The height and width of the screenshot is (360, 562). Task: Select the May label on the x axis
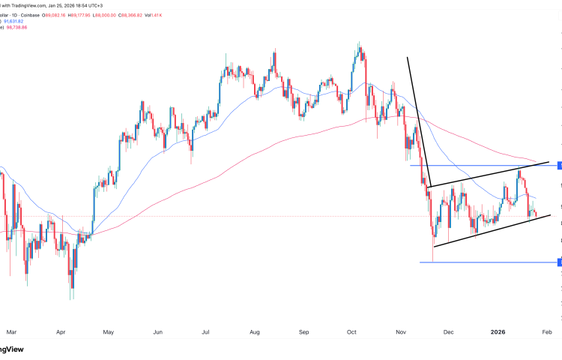click(109, 330)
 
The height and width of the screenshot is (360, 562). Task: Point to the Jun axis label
click(158, 330)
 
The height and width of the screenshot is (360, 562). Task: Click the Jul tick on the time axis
click(205, 330)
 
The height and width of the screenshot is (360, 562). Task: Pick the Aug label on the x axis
click(254, 330)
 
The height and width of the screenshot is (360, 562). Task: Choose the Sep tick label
click(303, 330)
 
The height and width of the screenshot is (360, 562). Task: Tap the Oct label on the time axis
click(351, 330)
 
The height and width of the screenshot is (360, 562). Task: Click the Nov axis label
click(401, 330)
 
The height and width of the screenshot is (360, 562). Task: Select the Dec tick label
click(448, 330)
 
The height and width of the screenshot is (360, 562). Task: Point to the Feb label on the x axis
click(546, 330)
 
